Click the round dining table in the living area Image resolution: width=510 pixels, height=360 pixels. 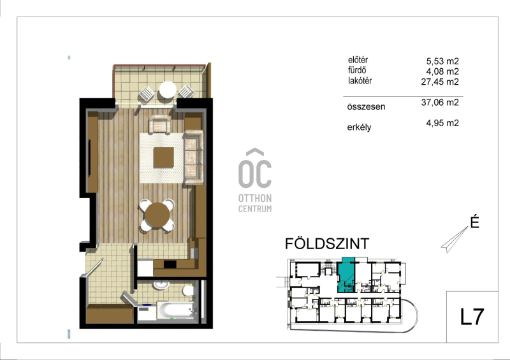[157, 215]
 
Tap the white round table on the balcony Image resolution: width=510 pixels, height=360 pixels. [168, 89]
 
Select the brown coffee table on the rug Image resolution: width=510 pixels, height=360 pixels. [164, 157]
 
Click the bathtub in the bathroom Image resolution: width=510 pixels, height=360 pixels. [176, 310]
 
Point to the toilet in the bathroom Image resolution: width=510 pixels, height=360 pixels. [188, 290]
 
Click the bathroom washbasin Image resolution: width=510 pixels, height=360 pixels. [161, 285]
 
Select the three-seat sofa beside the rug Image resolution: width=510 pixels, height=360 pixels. [194, 157]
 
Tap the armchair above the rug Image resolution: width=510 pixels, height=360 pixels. [159, 124]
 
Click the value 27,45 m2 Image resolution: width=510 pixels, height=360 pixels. [440, 82]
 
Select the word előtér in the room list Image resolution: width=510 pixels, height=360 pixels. [358, 60]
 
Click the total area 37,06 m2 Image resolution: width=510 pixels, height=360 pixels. [440, 103]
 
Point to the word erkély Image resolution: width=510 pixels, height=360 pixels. [359, 127]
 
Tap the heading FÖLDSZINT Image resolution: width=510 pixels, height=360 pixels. [327, 243]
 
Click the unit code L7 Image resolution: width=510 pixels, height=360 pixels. [472, 317]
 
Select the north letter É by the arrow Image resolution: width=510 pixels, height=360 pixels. [474, 222]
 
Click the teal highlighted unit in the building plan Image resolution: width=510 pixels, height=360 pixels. [346, 275]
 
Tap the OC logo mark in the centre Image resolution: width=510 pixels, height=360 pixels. [255, 168]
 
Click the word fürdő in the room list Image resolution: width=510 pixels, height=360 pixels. [357, 70]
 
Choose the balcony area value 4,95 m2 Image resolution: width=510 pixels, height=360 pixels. [442, 123]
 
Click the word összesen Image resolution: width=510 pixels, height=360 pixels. [366, 106]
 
